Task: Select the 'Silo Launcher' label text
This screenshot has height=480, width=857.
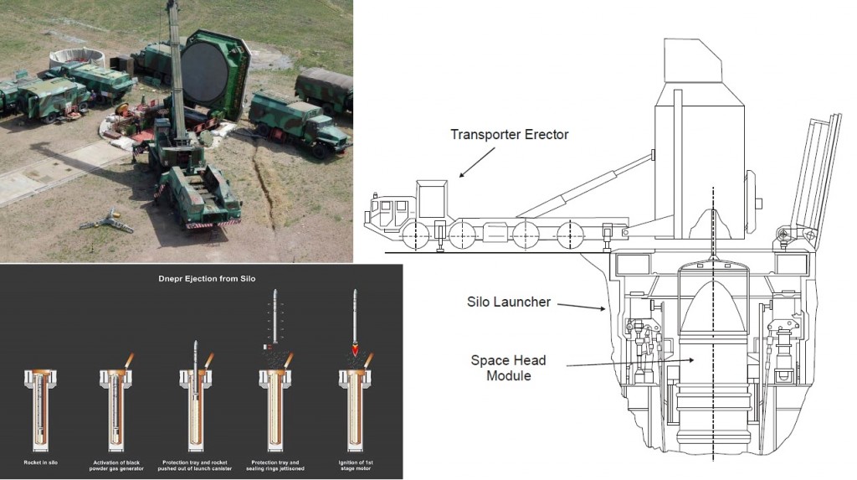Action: [508, 302]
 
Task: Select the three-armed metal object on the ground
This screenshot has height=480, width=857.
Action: [107, 222]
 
